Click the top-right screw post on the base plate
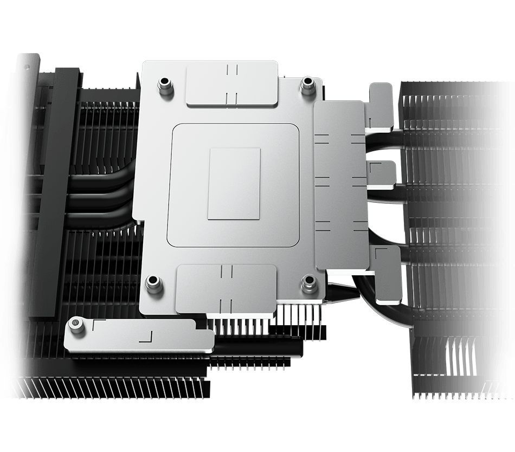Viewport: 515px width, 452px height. [x=308, y=83]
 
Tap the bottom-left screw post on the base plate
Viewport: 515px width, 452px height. [x=154, y=283]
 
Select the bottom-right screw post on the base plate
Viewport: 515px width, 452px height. [x=310, y=281]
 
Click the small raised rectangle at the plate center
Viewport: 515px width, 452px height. [x=234, y=184]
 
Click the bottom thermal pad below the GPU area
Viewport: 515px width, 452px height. [x=226, y=288]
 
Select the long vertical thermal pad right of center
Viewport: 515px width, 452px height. [x=340, y=184]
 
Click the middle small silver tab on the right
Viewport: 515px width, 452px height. [x=382, y=175]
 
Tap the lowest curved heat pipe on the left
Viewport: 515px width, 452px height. [x=103, y=219]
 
